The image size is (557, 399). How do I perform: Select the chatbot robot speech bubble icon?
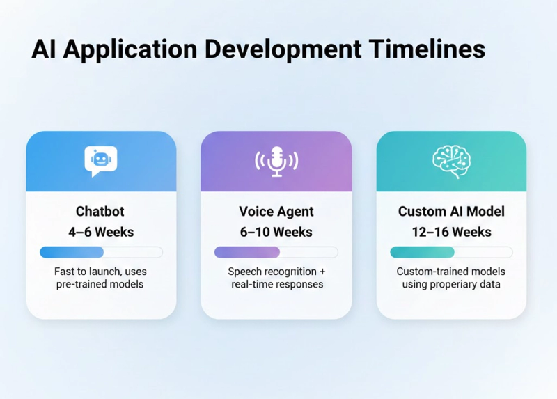(x=101, y=161)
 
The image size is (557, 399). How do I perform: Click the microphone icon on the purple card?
(x=276, y=161)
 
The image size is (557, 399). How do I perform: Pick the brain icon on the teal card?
(x=451, y=161)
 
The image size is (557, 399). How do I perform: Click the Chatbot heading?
(x=101, y=211)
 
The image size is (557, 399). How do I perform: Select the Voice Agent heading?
(x=276, y=211)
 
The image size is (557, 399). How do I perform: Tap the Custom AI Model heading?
(x=451, y=211)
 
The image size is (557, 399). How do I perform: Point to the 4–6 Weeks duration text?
(x=101, y=232)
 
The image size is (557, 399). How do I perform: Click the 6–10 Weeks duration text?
(x=276, y=232)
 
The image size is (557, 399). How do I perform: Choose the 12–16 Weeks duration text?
(x=451, y=232)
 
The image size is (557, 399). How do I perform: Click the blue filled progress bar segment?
(x=72, y=252)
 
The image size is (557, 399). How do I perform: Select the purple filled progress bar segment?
(x=246, y=252)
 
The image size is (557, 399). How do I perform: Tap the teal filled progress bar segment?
(x=422, y=252)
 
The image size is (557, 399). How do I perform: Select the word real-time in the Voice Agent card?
(x=251, y=285)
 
